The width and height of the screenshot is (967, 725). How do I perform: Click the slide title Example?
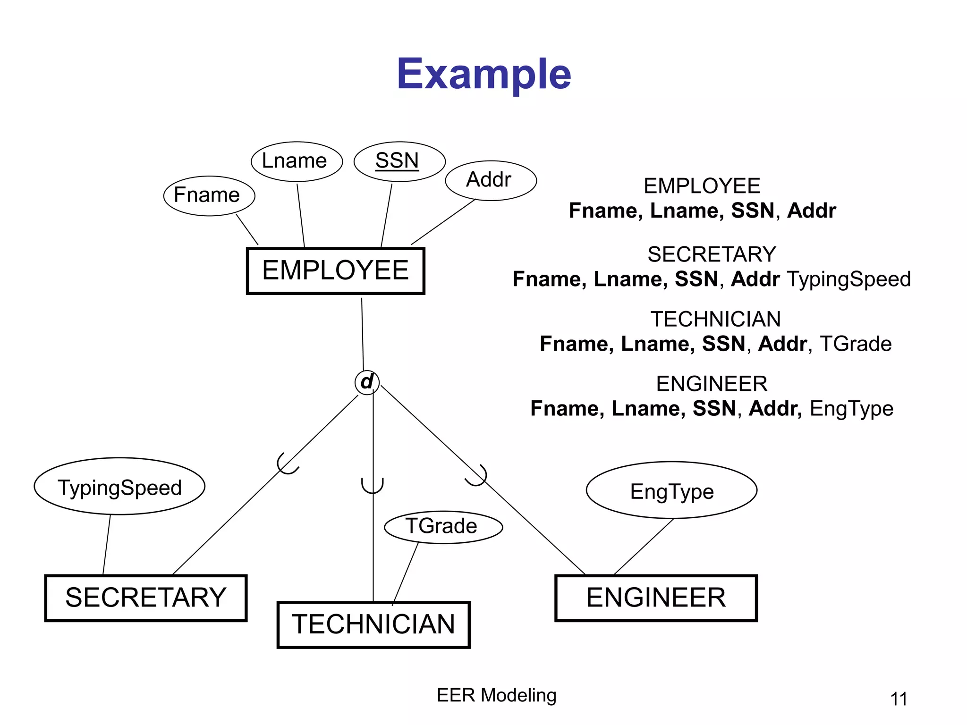(483, 75)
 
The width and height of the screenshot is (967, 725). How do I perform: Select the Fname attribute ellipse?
(209, 195)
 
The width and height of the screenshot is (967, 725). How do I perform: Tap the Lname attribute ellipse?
(296, 161)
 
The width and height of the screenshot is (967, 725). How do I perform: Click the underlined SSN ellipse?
(399, 161)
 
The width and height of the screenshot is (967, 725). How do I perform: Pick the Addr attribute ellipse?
(490, 180)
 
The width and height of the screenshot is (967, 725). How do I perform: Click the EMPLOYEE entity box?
(335, 270)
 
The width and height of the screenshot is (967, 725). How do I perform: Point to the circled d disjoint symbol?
(367, 382)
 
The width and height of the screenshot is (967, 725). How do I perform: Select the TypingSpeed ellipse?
(119, 487)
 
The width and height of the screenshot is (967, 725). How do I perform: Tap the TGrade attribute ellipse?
(443, 527)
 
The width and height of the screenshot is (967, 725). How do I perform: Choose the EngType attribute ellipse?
(671, 490)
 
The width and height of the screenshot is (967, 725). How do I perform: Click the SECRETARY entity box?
(146, 598)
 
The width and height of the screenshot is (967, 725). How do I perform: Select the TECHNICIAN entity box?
(373, 624)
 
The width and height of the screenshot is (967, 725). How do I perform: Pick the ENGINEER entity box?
(656, 598)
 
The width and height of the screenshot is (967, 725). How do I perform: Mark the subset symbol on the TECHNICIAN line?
(373, 486)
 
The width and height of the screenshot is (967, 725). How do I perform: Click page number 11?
(899, 699)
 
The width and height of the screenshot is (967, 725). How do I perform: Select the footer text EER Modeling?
(496, 695)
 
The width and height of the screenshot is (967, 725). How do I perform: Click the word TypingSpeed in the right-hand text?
(848, 279)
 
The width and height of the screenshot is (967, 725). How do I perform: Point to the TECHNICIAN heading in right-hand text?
(715, 319)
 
